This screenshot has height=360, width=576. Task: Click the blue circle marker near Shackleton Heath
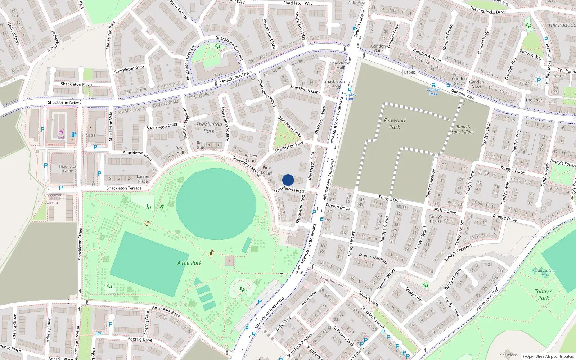coord(288,180)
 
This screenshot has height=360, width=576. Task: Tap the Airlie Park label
coord(189,263)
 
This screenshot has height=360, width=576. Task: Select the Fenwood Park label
coord(395,123)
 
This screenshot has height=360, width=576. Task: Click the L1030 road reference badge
coord(409,72)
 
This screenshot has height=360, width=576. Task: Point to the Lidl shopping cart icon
coord(61,132)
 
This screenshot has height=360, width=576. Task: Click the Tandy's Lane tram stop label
coord(350,96)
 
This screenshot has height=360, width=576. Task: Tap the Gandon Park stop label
coord(433,92)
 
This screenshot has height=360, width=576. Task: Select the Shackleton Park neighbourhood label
coord(209,128)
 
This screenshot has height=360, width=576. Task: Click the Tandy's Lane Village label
coord(463,129)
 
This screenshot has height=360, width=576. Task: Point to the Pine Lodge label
coord(267,170)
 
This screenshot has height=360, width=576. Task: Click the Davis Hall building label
coord(180,150)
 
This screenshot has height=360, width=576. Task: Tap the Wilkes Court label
coord(251,158)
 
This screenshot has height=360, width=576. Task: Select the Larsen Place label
coord(143,179)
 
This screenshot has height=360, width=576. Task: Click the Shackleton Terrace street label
coord(124,188)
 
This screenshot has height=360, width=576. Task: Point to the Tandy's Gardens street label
coord(373,258)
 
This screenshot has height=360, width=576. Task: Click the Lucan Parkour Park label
coord(544,273)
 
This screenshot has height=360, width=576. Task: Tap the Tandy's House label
coord(436,219)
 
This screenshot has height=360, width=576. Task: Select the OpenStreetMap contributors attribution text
coord(548,356)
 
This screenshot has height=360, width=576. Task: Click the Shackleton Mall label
coord(340,66)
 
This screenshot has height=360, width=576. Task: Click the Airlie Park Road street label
coord(166,311)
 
